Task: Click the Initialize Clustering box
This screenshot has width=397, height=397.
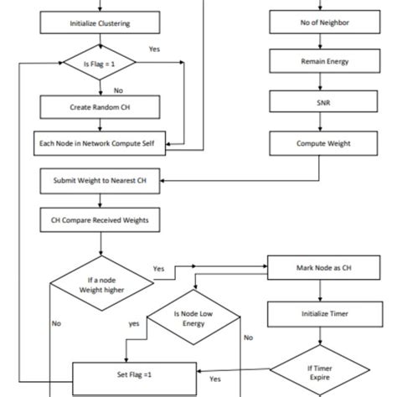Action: point(100,23)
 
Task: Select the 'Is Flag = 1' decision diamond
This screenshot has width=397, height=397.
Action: point(100,63)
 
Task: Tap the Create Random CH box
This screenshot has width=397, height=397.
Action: point(100,107)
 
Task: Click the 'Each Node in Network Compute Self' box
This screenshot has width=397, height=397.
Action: point(100,143)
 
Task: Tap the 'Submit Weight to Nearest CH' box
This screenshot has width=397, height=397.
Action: point(100,180)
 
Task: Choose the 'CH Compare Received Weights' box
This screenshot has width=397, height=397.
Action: point(100,220)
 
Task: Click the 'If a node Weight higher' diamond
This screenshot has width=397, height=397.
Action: point(100,284)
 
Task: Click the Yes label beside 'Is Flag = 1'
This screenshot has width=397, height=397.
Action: point(154,49)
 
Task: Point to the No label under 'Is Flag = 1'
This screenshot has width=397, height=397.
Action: point(118,90)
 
